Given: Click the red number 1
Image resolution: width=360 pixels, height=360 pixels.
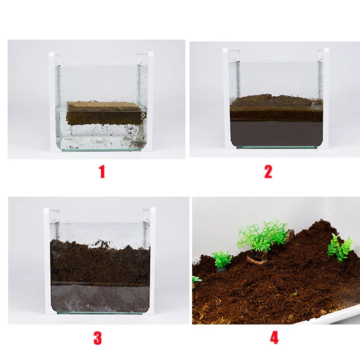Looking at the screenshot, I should (x=102, y=172).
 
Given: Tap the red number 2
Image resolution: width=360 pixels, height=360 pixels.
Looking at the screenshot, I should (x=268, y=172).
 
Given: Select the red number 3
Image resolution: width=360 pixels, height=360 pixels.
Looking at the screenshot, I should (x=98, y=338).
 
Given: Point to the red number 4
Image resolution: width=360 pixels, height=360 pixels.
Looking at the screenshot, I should (x=274, y=338).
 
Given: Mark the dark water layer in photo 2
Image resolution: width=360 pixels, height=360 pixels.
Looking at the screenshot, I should (x=275, y=133).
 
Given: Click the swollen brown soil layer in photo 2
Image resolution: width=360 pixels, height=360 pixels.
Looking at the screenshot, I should (x=275, y=108).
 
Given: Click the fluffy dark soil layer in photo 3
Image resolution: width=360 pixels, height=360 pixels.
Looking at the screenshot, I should (x=100, y=261).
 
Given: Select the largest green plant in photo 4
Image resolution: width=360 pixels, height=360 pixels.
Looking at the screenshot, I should (x=263, y=235).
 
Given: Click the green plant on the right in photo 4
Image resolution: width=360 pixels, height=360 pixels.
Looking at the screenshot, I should (x=340, y=246).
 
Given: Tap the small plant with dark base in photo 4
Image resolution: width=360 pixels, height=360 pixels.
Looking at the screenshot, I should (x=221, y=260).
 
